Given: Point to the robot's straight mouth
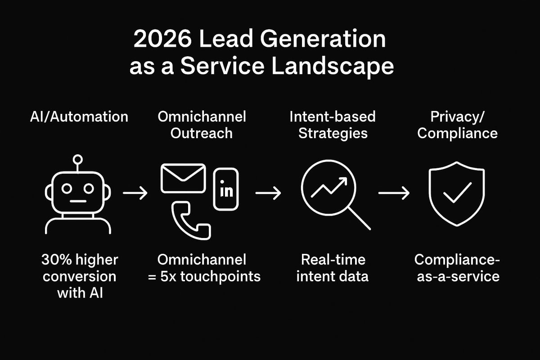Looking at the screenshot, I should [x=78, y=201].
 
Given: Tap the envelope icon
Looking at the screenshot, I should [x=183, y=179].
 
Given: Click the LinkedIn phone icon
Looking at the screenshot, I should [x=226, y=189].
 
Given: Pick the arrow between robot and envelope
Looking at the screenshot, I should [x=135, y=193].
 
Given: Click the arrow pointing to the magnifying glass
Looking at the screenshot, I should [x=268, y=193].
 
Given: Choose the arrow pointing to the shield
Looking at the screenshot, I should [x=394, y=193].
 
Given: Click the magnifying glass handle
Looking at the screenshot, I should [x=359, y=218].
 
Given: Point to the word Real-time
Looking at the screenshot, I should [x=333, y=260].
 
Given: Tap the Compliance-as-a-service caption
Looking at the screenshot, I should [x=457, y=267].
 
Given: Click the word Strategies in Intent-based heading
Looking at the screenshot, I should [x=333, y=133].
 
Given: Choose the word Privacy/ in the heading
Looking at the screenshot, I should [x=457, y=117].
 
